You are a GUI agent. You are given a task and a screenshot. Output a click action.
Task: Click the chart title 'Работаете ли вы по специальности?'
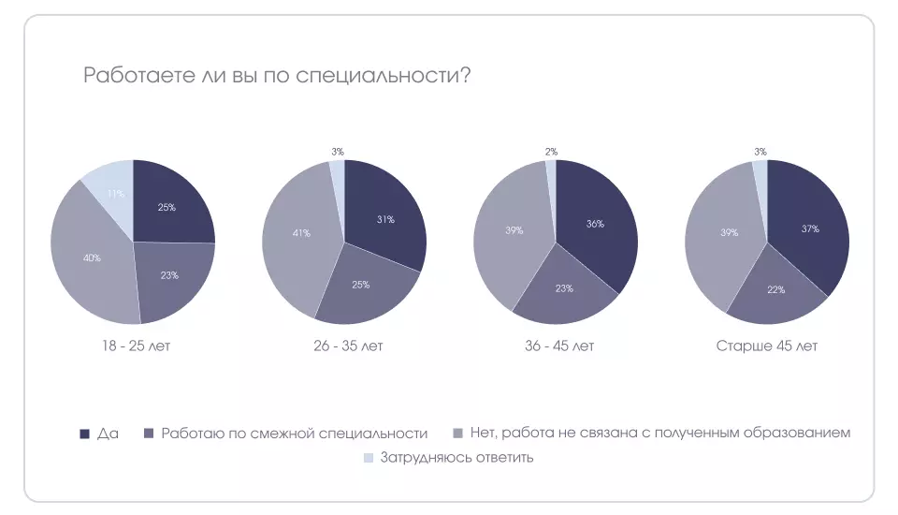coord(277,76)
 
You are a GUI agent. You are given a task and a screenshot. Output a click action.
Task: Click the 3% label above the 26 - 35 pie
coord(338,151)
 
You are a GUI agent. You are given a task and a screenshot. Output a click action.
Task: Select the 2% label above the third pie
coord(551,151)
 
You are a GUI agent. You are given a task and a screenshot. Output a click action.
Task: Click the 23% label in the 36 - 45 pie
coord(563,288)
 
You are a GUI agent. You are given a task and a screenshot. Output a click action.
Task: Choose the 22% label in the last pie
coord(775,289)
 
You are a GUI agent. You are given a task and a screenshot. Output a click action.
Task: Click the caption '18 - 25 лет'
coord(137,346)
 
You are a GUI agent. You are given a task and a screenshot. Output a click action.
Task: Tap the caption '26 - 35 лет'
coord(348,346)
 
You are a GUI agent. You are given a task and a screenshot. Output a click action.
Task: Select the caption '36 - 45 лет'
coord(559,346)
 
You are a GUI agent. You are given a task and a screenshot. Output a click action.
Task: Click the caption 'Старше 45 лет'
coord(767,346)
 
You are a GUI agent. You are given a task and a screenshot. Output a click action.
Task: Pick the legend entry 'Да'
coord(107,434)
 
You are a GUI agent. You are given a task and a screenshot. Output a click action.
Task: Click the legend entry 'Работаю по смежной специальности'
coord(294,434)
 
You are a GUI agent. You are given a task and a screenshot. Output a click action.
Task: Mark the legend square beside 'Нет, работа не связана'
coord(457,434)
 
